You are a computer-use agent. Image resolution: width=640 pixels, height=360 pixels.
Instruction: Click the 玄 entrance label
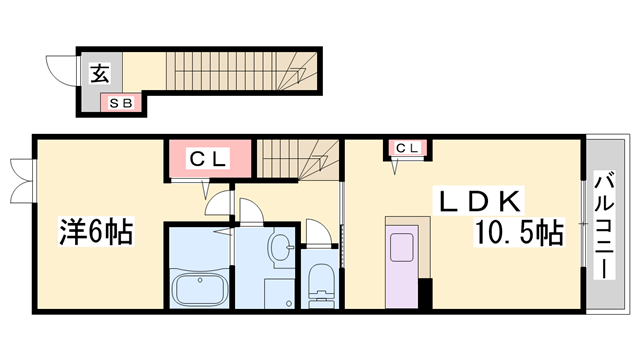click(x=100, y=72)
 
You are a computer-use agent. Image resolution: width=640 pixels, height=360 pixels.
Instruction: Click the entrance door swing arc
click(x=59, y=73)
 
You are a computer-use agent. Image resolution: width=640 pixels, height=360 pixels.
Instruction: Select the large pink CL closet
click(x=206, y=158)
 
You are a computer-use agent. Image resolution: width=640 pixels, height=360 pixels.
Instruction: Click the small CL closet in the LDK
click(x=407, y=150)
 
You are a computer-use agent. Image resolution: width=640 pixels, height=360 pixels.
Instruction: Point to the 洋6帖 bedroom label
click(x=93, y=232)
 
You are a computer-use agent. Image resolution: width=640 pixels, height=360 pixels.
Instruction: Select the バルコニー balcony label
click(x=605, y=226)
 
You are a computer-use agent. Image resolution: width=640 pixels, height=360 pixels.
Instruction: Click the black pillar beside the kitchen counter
click(x=426, y=294)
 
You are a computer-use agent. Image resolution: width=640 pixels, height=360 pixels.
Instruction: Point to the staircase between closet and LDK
click(x=300, y=161)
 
